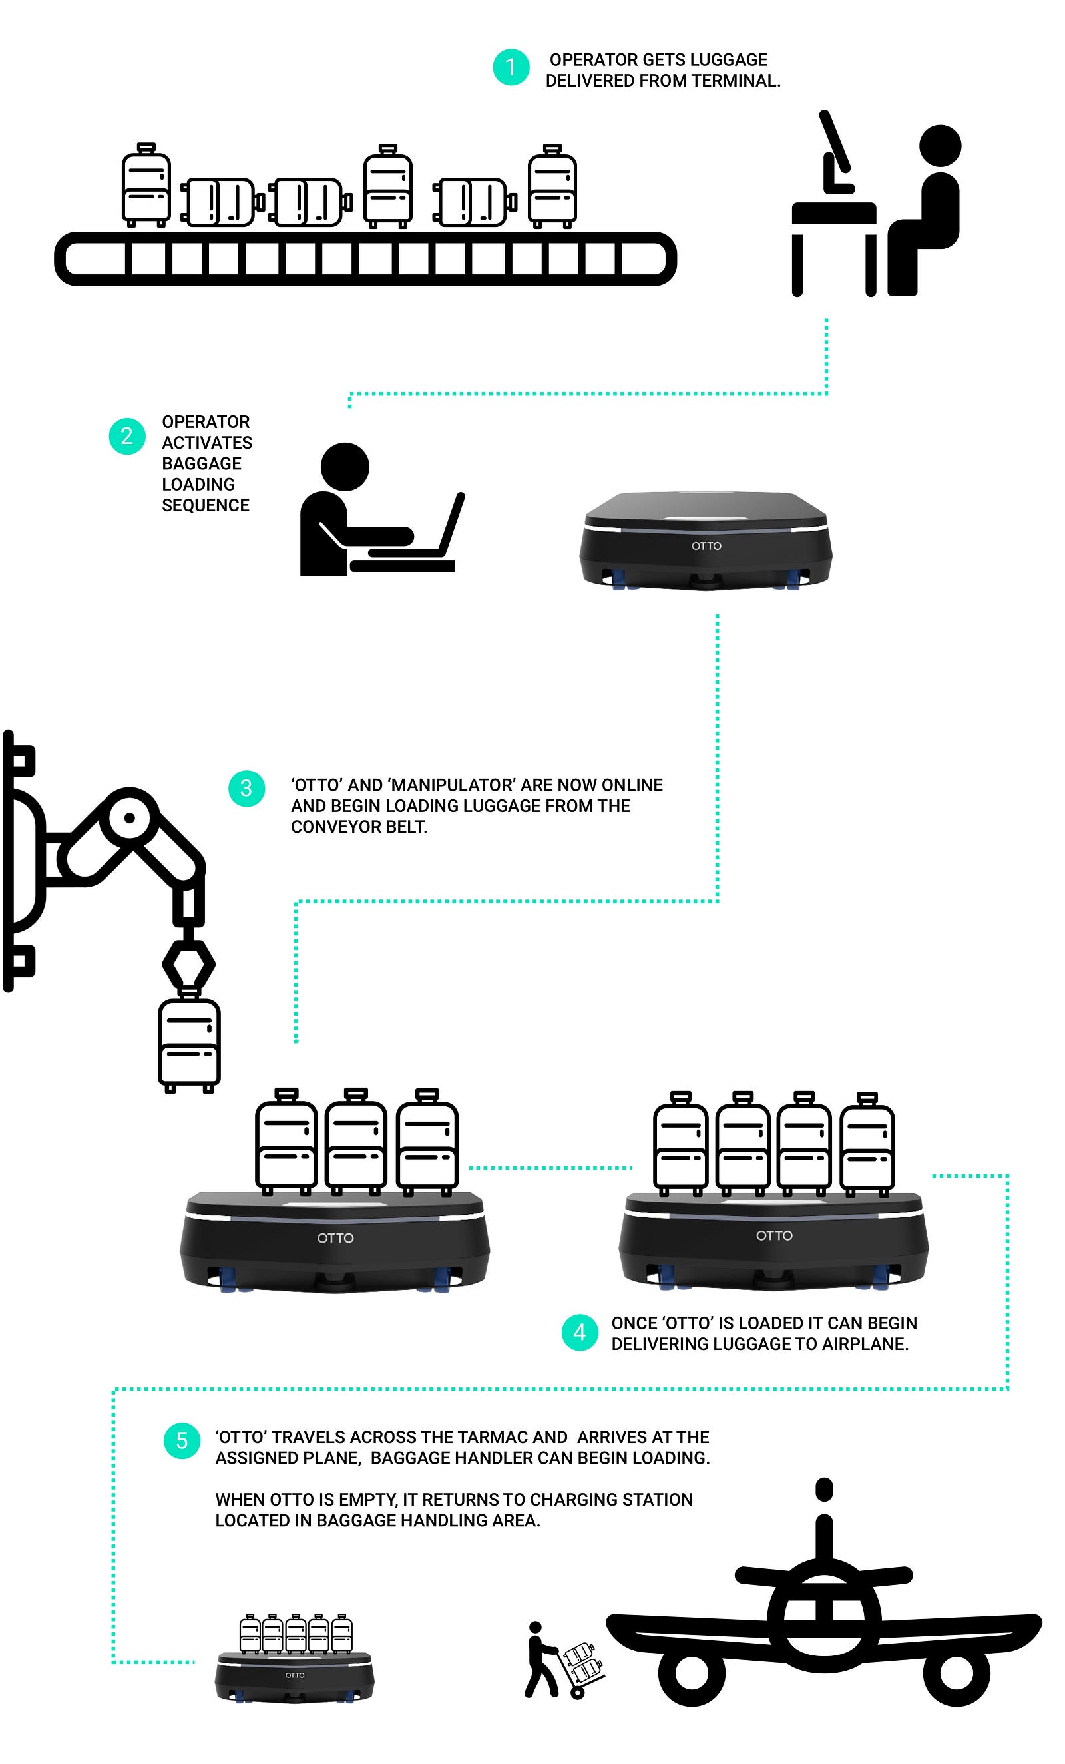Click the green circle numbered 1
pyautogui.click(x=511, y=67)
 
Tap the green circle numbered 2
pyautogui.click(x=126, y=436)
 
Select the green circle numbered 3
pyautogui.click(x=246, y=789)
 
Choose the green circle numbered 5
pyautogui.click(x=182, y=1440)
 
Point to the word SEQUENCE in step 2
pyautogui.click(x=206, y=505)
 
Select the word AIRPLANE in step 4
pyautogui.click(x=865, y=1344)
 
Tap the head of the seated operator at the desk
pyautogui.click(x=940, y=146)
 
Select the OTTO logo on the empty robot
pyautogui.click(x=706, y=546)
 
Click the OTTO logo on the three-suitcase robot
pyautogui.click(x=335, y=1238)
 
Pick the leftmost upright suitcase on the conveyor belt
pyautogui.click(x=146, y=184)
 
